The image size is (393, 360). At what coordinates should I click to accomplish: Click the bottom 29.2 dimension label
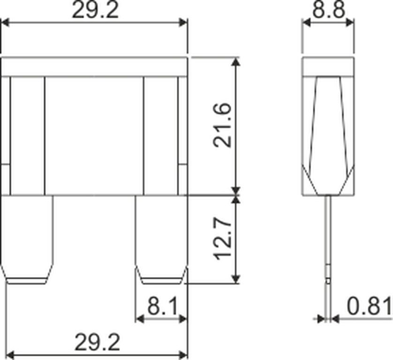[97, 342]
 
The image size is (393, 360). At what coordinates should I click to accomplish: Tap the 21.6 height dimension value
[222, 125]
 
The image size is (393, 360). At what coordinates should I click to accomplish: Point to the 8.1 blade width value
[162, 306]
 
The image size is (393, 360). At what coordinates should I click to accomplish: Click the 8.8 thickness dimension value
[329, 10]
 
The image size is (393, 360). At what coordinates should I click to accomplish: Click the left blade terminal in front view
[27, 240]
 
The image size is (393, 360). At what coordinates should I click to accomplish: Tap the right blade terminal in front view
[161, 240]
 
